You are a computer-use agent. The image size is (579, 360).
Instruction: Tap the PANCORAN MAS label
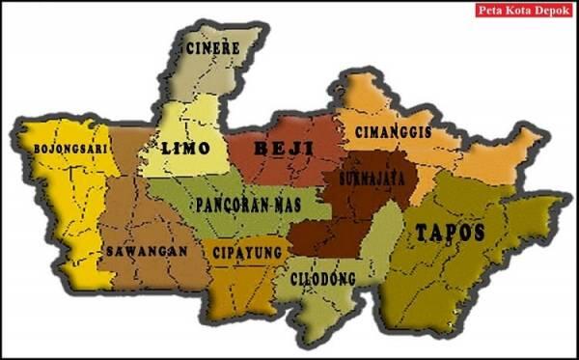(x=248, y=206)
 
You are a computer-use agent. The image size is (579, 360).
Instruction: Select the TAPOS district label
(x=449, y=232)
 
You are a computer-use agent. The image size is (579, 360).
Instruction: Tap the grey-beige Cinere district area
(x=207, y=77)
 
